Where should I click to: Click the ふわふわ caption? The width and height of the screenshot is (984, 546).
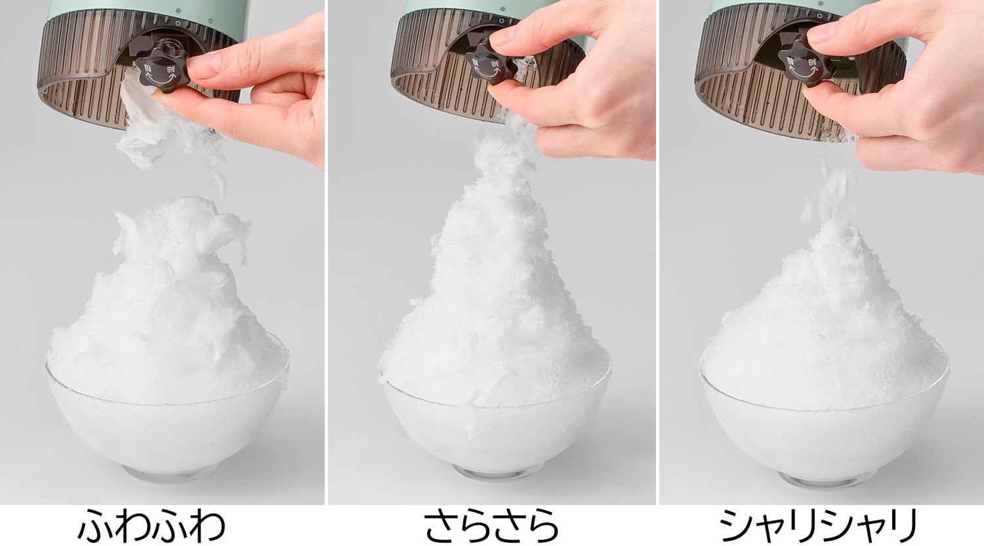pyautogui.click(x=151, y=525)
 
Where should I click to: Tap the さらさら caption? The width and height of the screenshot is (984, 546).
pyautogui.click(x=491, y=525)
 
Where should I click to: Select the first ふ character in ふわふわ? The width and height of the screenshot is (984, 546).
pyautogui.click(x=95, y=526)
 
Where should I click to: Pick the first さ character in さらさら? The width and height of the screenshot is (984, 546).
pyautogui.click(x=440, y=526)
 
